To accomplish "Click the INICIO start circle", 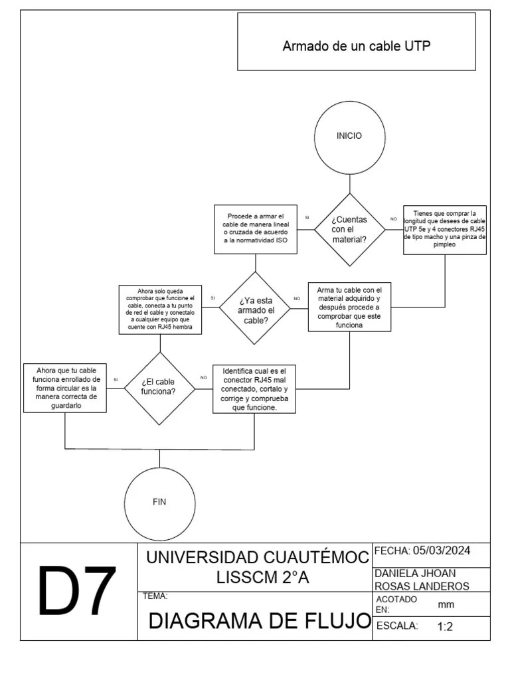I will [x=349, y=136].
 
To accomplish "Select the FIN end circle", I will [x=159, y=502].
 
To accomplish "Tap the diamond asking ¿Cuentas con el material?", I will [x=349, y=229].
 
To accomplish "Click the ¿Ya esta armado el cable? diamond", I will [x=254, y=308].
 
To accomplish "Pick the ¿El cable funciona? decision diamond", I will [x=159, y=387].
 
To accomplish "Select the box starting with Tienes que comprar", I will [x=445, y=229].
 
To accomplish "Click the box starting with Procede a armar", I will [x=255, y=229].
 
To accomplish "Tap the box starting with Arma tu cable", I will [x=349, y=307].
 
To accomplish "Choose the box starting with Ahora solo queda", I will [x=159, y=309].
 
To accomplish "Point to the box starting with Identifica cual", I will [x=254, y=388].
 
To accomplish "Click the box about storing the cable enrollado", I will [x=64, y=388].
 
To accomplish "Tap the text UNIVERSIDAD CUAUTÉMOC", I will [x=258, y=558].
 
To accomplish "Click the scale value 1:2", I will [x=445, y=626].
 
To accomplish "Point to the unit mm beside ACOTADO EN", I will [x=446, y=604].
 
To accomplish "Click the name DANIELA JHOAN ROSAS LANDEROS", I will [x=422, y=579].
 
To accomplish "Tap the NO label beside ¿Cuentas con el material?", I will [x=393, y=218].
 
